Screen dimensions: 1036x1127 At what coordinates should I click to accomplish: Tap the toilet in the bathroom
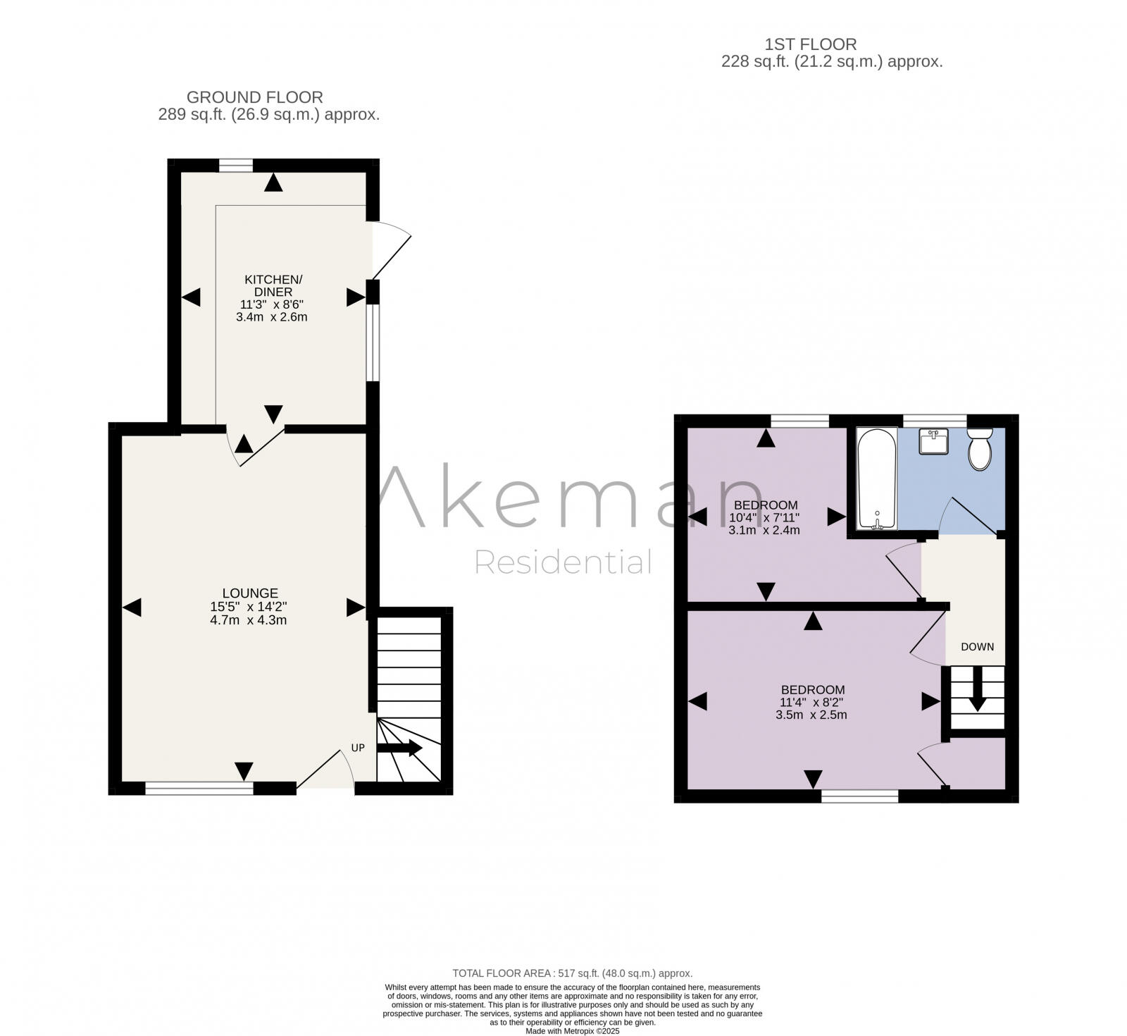pyautogui.click(x=980, y=449)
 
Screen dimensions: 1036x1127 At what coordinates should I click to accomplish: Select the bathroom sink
pyautogui.click(x=933, y=442)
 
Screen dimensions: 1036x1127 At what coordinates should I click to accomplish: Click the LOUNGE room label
pyautogui.click(x=250, y=593)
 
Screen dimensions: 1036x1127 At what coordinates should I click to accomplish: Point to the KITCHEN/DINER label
pyautogui.click(x=273, y=285)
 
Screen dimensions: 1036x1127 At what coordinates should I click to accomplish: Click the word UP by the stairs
pyautogui.click(x=358, y=747)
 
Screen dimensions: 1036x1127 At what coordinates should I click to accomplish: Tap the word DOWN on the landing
pyautogui.click(x=978, y=646)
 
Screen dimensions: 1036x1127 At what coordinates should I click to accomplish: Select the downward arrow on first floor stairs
pyautogui.click(x=977, y=694)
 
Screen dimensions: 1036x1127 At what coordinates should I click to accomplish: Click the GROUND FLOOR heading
pyautogui.click(x=254, y=97)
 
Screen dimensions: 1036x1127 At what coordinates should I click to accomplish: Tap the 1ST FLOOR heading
pyautogui.click(x=811, y=44)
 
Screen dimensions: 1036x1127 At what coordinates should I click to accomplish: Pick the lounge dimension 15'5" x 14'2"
pyautogui.click(x=249, y=607)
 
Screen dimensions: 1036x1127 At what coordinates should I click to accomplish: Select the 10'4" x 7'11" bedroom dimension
pyautogui.click(x=764, y=517)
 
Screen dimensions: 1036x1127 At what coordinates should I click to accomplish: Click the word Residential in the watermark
pyautogui.click(x=563, y=562)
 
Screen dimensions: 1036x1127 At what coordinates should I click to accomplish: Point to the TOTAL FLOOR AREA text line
pyautogui.click(x=572, y=973)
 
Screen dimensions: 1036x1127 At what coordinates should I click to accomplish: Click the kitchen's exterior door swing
pyautogui.click(x=389, y=250)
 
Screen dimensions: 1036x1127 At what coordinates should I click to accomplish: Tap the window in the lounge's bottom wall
pyautogui.click(x=199, y=789)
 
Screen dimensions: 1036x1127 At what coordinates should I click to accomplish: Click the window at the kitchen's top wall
pyautogui.click(x=235, y=166)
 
